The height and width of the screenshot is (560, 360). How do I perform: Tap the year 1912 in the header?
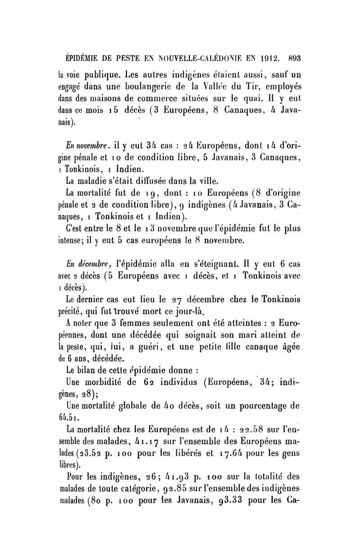coord(267,58)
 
